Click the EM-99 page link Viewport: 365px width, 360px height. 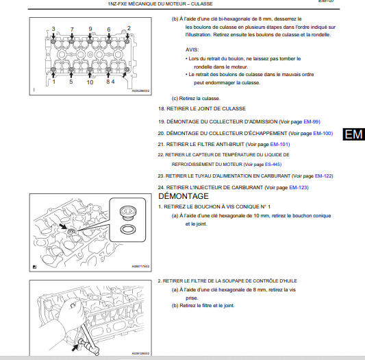[x=312, y=121]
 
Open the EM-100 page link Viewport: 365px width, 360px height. [x=323, y=133]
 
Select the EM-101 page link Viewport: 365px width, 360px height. [x=280, y=144]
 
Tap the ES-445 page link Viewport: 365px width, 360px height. [x=273, y=165]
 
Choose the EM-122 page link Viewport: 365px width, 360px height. [x=324, y=176]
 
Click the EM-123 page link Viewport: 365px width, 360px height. [x=299, y=187]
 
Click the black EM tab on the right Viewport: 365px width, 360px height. [x=353, y=134]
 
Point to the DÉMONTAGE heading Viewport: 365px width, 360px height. [x=184, y=196]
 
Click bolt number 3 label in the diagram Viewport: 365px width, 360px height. [x=53, y=29]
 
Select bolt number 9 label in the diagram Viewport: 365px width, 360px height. [x=90, y=29]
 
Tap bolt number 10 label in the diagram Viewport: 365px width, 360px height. [x=90, y=82]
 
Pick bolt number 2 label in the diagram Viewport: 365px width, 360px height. [x=129, y=28]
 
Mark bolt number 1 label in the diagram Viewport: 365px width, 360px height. [x=54, y=82]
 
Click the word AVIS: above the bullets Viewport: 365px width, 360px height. [x=192, y=49]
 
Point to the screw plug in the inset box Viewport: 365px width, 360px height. [x=128, y=213]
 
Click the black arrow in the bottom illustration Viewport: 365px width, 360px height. [x=75, y=348]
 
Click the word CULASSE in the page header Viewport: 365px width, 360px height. [x=201, y=4]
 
